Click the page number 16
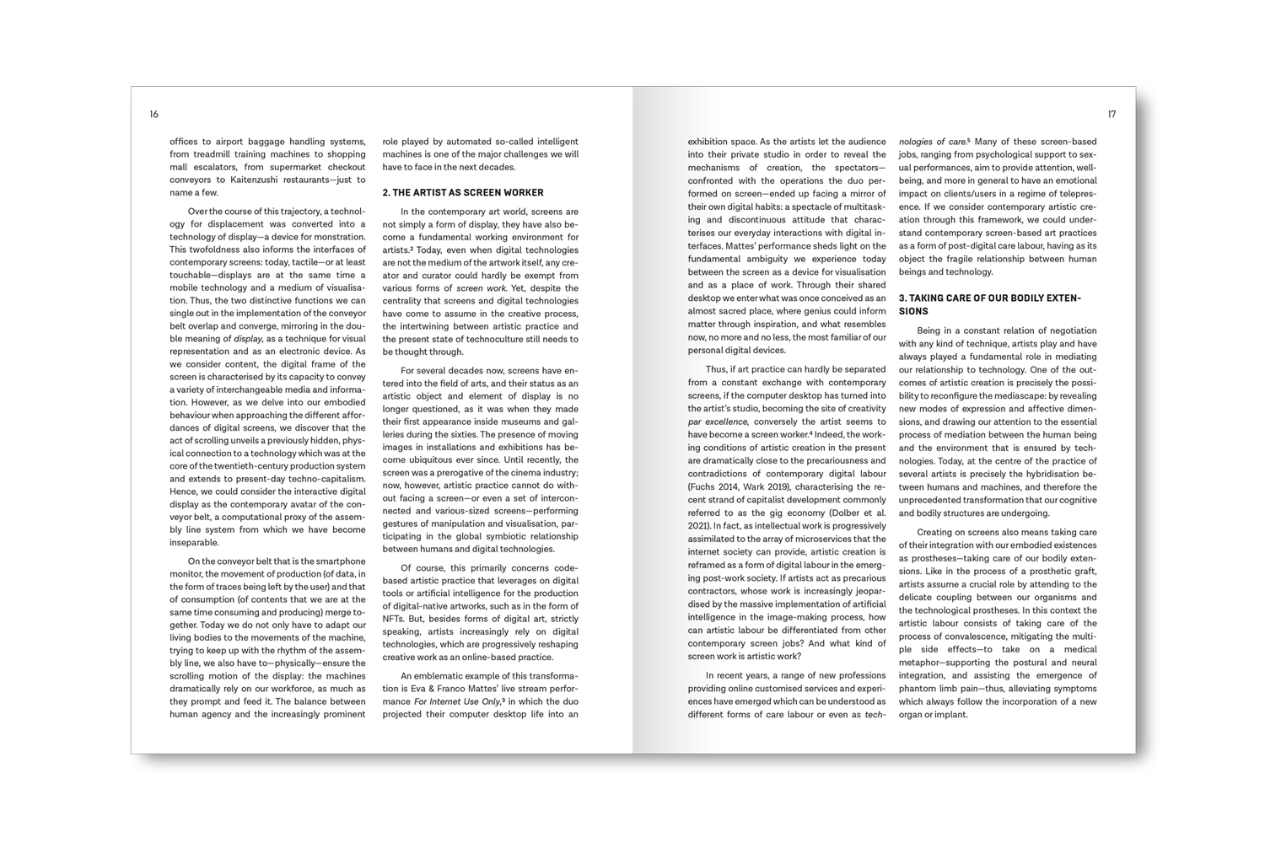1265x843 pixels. (x=153, y=115)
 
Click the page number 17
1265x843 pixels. (x=1112, y=115)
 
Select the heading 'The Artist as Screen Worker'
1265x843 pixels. (x=463, y=192)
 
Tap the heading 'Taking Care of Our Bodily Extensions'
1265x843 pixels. (x=989, y=304)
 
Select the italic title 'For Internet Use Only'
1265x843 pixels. (x=456, y=701)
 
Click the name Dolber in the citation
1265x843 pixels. (x=848, y=513)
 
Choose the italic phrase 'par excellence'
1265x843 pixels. (x=718, y=421)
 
